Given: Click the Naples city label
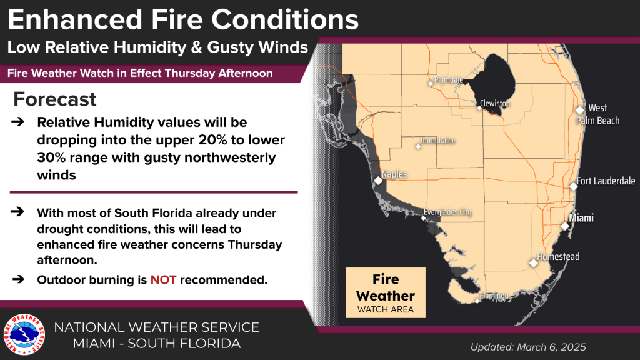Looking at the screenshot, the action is tap(394, 174).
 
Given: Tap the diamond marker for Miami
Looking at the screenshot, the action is tap(565, 226).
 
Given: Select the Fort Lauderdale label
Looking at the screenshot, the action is tap(606, 181).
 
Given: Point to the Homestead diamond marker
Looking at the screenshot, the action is tap(534, 263).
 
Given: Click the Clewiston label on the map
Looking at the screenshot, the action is tap(495, 103).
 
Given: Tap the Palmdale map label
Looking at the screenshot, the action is tap(449, 79).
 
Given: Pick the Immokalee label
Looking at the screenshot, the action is tap(438, 141).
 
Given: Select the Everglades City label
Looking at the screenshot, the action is tap(447, 212).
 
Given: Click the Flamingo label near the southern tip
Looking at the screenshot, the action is tap(494, 296).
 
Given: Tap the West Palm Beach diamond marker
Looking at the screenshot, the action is tap(580, 110).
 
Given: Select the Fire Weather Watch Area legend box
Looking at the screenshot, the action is tap(385, 292).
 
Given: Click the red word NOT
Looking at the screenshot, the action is tap(163, 280).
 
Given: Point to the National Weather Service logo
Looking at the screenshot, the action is tap(24, 334).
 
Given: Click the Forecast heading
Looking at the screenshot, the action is tap(55, 99).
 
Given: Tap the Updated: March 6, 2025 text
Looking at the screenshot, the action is tap(528, 347).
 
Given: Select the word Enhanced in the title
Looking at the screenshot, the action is tap(75, 19).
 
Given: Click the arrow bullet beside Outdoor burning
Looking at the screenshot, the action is tap(18, 279).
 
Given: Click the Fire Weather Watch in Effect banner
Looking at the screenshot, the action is tap(140, 73).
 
